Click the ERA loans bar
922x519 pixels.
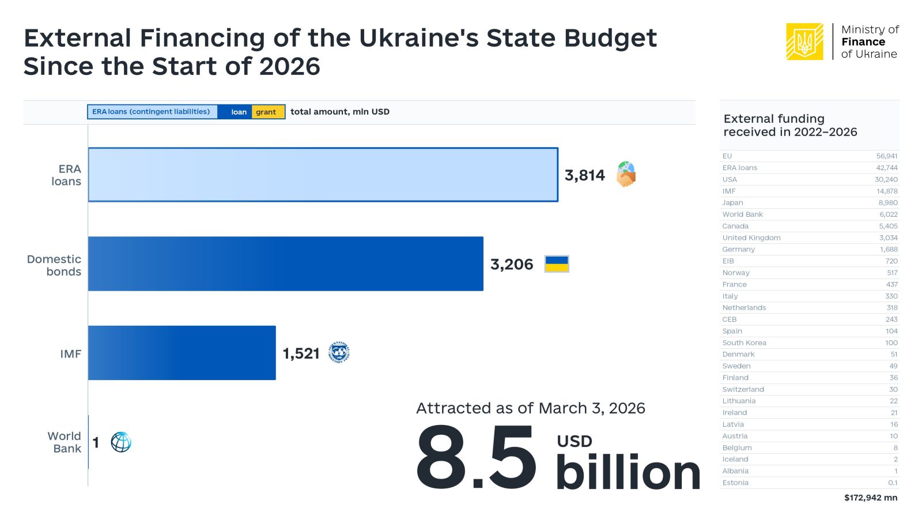(323, 175)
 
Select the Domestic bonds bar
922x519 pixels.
(285, 264)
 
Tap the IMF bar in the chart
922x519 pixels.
(182, 353)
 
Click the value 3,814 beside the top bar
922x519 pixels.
(584, 175)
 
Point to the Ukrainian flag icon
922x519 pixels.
(557, 264)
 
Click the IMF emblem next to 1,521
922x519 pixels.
(339, 352)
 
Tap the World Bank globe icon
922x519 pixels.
(121, 442)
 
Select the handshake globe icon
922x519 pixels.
(626, 174)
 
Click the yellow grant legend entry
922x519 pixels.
(266, 112)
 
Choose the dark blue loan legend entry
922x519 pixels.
(238, 112)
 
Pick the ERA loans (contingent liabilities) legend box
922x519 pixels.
(152, 112)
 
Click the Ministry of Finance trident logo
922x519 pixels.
(804, 42)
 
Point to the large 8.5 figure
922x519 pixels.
(476, 458)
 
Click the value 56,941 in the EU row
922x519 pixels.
(887, 156)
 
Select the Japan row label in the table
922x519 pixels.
(732, 203)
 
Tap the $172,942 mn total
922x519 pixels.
(870, 498)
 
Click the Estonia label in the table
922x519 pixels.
(735, 483)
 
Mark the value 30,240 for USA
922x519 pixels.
(886, 179)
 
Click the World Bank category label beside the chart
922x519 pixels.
(64, 442)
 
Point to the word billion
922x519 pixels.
(628, 473)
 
